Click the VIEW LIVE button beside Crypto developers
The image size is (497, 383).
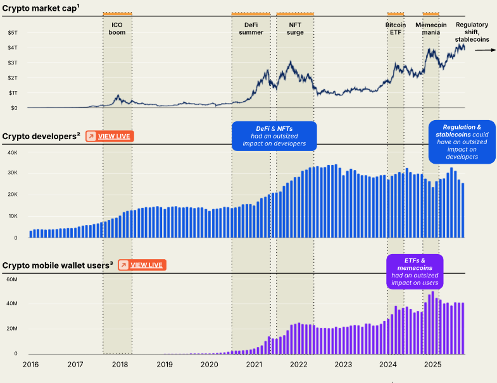click(110, 136)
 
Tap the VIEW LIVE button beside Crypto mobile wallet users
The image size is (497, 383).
click(142, 265)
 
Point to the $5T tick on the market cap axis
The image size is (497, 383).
click(13, 32)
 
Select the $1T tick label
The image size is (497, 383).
click(13, 93)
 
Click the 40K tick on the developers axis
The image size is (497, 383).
click(12, 152)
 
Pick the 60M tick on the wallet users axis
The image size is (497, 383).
click(12, 279)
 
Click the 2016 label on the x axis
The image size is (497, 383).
click(30, 365)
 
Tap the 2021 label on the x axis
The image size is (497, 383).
click(254, 365)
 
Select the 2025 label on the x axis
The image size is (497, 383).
click(432, 365)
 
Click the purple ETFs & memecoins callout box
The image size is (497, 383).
click(415, 271)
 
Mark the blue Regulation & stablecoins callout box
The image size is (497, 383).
click(462, 142)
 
